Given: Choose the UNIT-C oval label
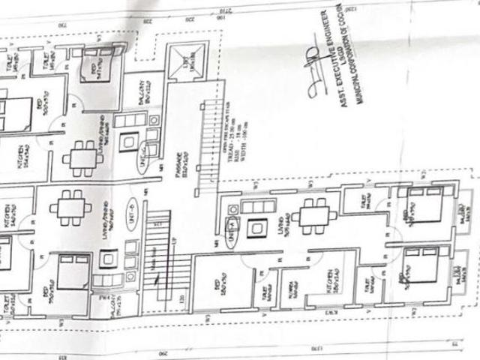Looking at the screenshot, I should click(143, 164).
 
